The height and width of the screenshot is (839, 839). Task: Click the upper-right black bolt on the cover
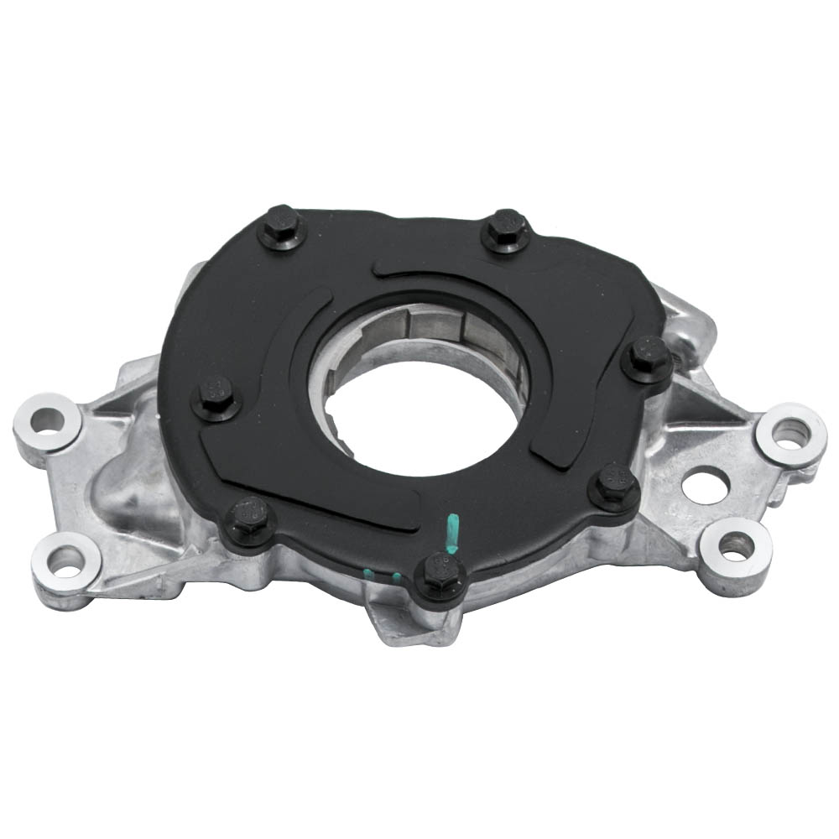pyautogui.click(x=507, y=227)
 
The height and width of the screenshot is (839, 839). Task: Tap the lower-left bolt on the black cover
pyautogui.click(x=249, y=517)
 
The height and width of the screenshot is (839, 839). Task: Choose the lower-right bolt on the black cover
pyautogui.click(x=614, y=486)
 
